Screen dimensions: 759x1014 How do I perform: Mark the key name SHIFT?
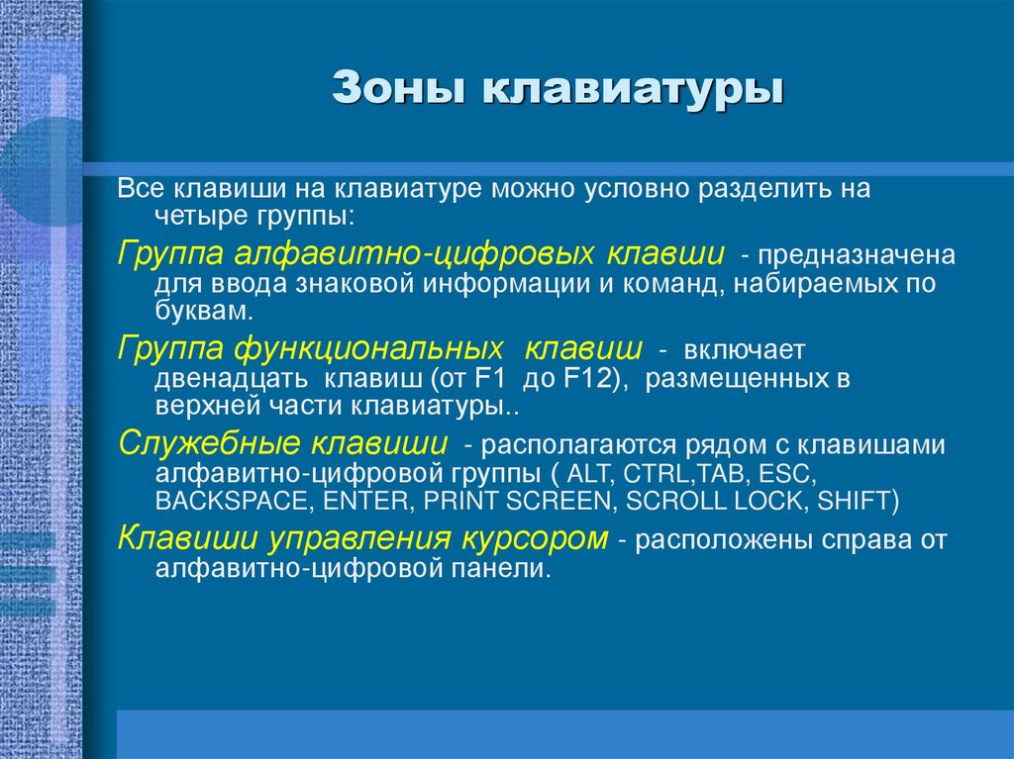855,501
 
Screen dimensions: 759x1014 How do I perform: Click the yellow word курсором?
535,539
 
